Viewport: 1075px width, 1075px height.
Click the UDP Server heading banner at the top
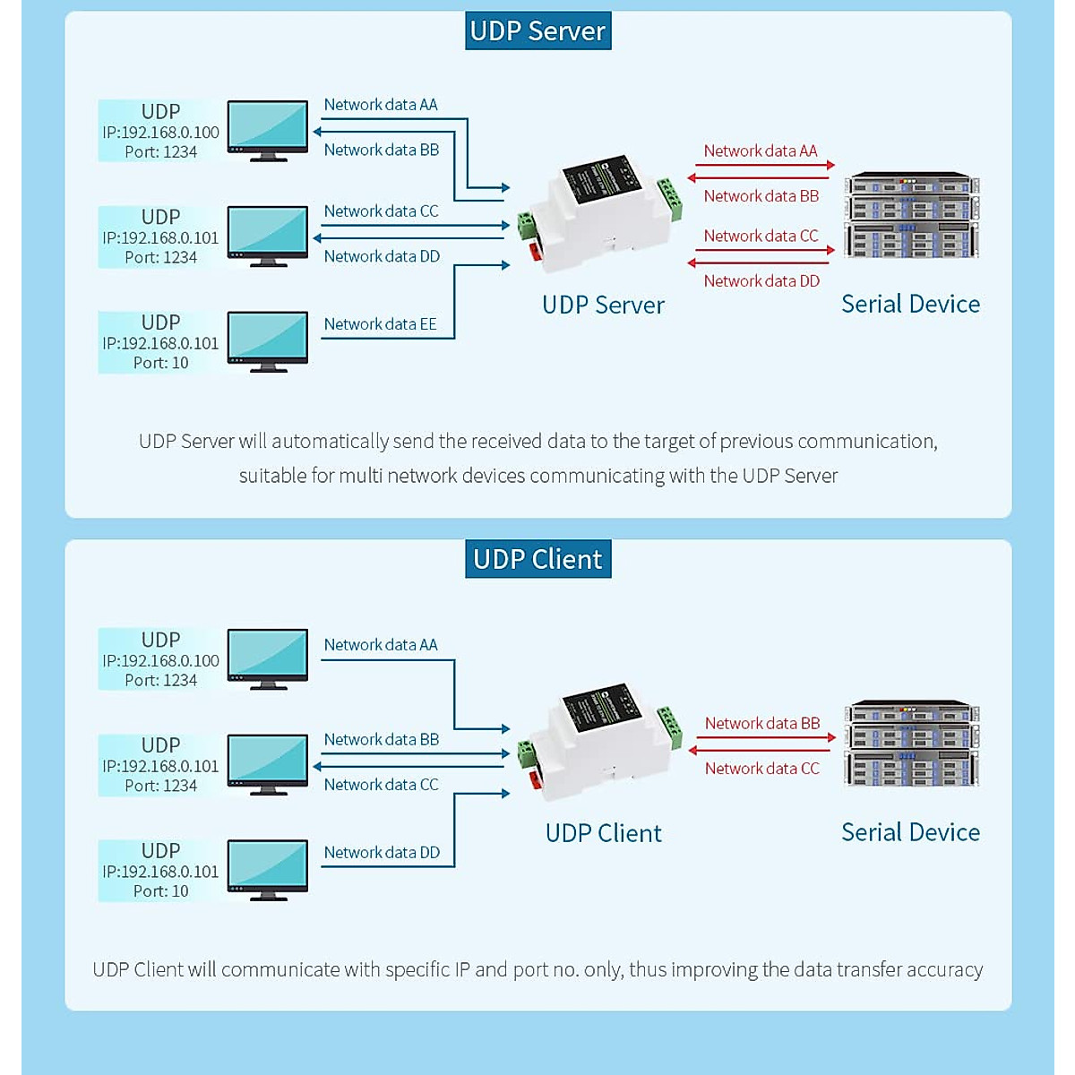[x=537, y=30]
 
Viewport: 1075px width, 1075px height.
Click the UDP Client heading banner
[x=537, y=559]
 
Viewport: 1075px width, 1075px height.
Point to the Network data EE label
[x=380, y=324]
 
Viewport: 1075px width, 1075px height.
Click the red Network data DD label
[x=761, y=281]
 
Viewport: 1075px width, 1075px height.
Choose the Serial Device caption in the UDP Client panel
[x=910, y=832]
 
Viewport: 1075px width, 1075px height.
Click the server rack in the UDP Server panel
[x=911, y=215]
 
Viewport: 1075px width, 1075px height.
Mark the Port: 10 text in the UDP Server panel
[x=161, y=363]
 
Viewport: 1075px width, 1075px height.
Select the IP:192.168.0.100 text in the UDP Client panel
[x=161, y=660]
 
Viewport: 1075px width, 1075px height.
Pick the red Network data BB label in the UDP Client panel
[x=761, y=723]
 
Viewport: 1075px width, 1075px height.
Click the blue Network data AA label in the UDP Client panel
[x=381, y=645]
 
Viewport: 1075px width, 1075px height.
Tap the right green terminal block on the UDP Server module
[x=669, y=198]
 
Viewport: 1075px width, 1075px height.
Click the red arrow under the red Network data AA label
[x=764, y=165]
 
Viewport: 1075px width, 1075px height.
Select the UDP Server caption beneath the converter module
[x=603, y=305]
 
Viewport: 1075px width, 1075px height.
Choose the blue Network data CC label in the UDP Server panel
[x=381, y=211]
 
